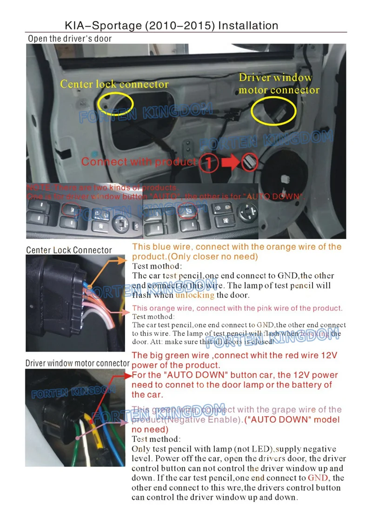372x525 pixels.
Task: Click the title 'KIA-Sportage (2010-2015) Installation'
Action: tap(172, 26)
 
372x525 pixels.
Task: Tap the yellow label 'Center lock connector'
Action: tap(114, 85)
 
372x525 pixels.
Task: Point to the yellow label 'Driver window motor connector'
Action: tap(279, 84)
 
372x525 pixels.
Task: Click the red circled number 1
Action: tap(209, 163)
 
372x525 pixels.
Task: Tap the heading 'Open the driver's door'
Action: tap(70, 39)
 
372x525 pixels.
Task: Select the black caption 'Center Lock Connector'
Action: tap(69, 250)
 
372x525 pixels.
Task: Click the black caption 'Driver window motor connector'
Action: tap(77, 363)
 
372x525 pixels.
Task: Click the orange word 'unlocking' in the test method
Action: tap(195, 295)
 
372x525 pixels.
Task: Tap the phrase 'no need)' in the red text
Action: tap(150, 429)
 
